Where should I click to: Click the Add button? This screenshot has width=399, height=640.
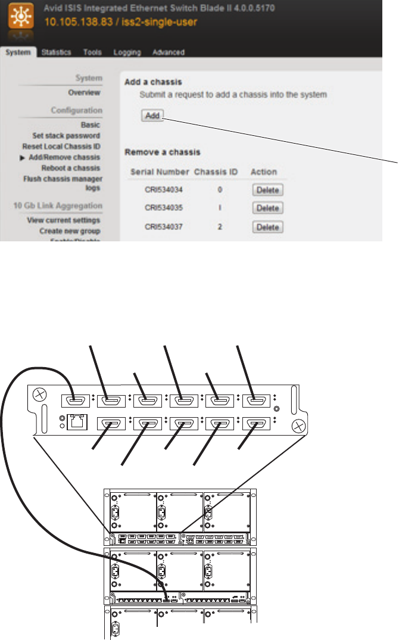coord(152,116)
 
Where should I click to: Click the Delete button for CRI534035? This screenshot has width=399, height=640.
coord(267,209)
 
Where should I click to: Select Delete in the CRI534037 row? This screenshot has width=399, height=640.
coord(267,227)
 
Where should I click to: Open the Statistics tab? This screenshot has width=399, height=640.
coord(57,52)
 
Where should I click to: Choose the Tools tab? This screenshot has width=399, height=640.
coord(92,52)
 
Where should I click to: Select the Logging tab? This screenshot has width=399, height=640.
coord(127,52)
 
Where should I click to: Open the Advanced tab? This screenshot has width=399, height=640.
coord(168,52)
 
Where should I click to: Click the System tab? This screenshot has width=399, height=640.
coord(18,52)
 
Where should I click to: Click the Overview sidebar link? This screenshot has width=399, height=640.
coord(84,93)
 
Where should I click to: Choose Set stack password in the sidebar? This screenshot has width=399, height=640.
coord(66,136)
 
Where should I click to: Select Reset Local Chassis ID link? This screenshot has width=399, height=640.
coord(61,147)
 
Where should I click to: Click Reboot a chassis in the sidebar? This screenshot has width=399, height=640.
coord(70,168)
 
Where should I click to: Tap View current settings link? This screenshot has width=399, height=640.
coord(64,220)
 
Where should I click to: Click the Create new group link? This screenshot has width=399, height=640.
coord(70,231)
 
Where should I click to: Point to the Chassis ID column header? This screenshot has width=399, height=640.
coord(216,172)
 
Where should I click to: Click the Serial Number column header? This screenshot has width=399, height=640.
coord(158,172)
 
